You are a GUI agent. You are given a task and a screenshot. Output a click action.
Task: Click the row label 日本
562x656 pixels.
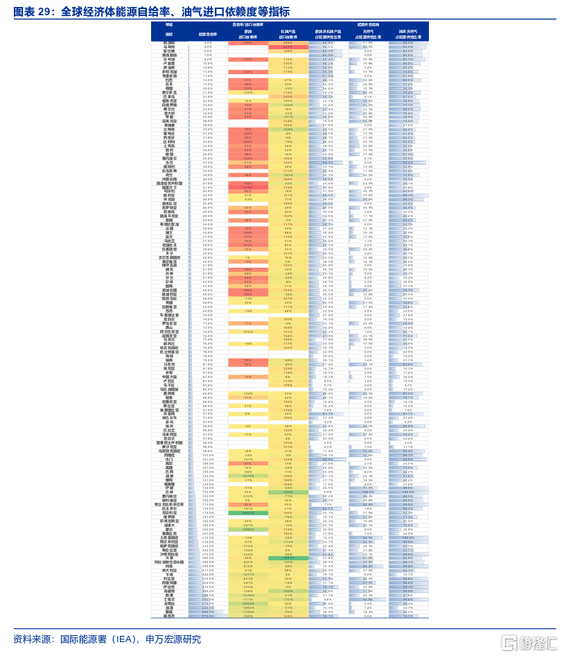[x=169, y=85]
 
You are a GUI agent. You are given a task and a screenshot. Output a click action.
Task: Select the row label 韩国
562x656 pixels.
[x=169, y=89]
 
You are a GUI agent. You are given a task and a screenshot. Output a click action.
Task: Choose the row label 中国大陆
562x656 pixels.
[x=169, y=377]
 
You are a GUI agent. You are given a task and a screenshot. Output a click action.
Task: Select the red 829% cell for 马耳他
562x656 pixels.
[x=288, y=46]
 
